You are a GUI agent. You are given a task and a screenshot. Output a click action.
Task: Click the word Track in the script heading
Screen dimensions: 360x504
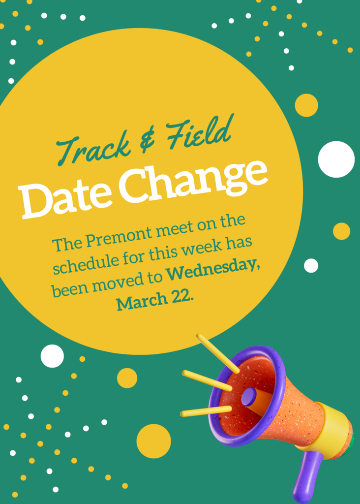click(93, 149)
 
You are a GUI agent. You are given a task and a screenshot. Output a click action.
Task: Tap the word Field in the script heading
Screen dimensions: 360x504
click(199, 133)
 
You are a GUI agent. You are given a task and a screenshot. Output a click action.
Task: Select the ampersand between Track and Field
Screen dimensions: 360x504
click(147, 140)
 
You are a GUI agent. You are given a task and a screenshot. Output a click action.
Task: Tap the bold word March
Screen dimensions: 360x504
click(142, 302)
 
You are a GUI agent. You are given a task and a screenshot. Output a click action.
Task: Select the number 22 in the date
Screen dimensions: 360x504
click(181, 297)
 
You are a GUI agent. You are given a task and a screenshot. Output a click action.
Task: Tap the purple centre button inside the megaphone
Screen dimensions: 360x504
click(249, 397)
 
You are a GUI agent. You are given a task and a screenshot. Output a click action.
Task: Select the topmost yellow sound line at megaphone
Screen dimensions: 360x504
click(218, 353)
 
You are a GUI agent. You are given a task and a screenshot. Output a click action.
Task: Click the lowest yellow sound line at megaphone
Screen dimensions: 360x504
click(206, 411)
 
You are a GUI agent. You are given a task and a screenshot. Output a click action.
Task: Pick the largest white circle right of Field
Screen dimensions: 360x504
click(336, 159)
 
